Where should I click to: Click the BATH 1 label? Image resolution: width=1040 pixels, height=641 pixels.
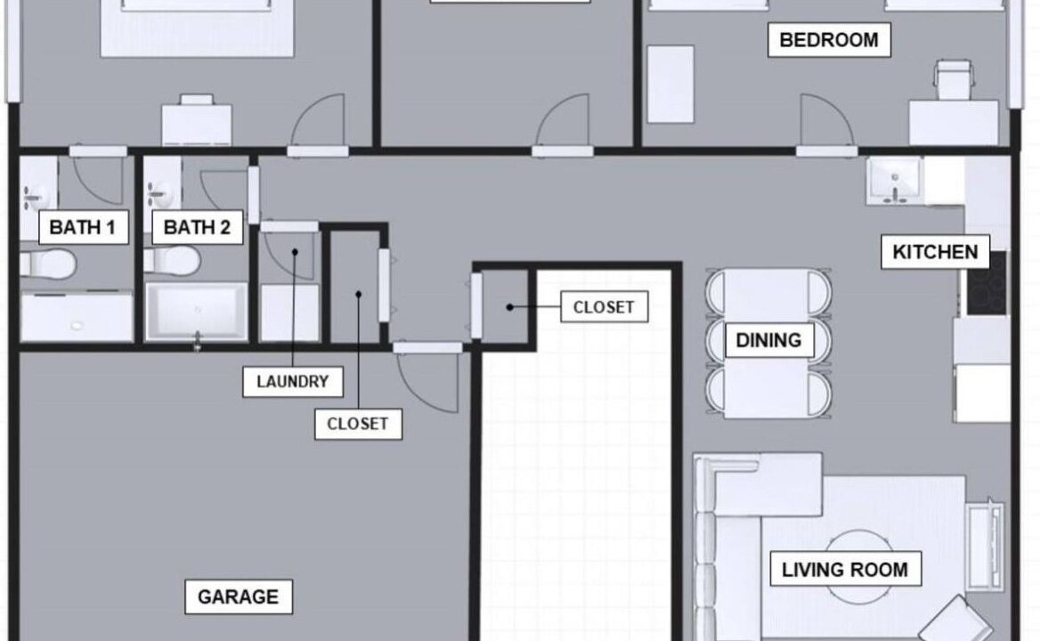click(x=83, y=227)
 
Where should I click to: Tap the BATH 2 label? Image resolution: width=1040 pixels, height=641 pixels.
click(x=197, y=227)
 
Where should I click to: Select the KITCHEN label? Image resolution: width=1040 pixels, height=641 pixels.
click(x=935, y=252)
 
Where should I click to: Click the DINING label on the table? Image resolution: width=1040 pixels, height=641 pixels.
click(x=768, y=340)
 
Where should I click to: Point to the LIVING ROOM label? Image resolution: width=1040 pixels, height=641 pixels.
click(x=845, y=570)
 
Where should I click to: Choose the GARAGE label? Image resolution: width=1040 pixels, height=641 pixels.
click(x=238, y=596)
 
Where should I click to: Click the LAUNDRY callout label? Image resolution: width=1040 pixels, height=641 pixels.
click(x=292, y=382)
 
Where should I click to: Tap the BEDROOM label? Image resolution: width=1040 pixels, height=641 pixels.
click(x=829, y=40)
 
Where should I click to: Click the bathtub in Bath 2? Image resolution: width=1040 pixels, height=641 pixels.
click(x=196, y=312)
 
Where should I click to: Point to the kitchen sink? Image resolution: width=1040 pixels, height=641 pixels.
click(x=895, y=180)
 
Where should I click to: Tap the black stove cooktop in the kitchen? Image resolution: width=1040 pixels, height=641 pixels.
click(x=987, y=283)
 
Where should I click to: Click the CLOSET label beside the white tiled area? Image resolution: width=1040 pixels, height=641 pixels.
click(x=605, y=307)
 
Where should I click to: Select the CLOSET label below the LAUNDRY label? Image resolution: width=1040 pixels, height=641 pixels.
click(x=358, y=425)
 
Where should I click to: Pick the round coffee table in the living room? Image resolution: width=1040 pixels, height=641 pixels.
click(x=858, y=567)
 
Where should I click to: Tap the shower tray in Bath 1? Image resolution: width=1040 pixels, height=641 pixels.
click(x=77, y=317)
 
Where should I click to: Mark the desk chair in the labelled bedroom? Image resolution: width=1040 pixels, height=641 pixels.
click(x=953, y=79)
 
